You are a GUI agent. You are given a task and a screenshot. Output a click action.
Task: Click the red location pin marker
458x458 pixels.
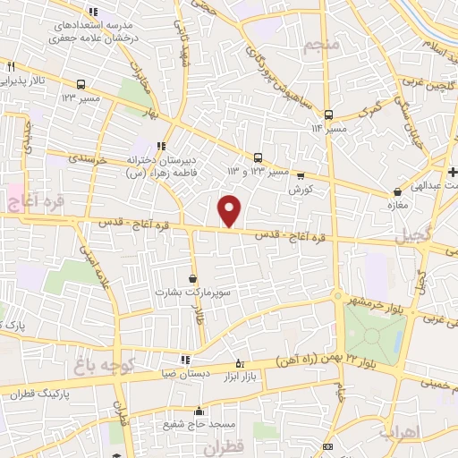tap(230, 210)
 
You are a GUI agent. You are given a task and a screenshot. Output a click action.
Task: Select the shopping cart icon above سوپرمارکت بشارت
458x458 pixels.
tap(193, 278)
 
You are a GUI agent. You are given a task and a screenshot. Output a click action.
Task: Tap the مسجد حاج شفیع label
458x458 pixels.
tap(191, 425)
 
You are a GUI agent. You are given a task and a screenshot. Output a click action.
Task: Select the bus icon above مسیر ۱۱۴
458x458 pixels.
tap(328, 114)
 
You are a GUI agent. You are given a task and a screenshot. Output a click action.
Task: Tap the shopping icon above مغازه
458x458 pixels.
tap(397, 191)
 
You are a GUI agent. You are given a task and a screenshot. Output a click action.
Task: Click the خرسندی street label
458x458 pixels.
tap(89, 159)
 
